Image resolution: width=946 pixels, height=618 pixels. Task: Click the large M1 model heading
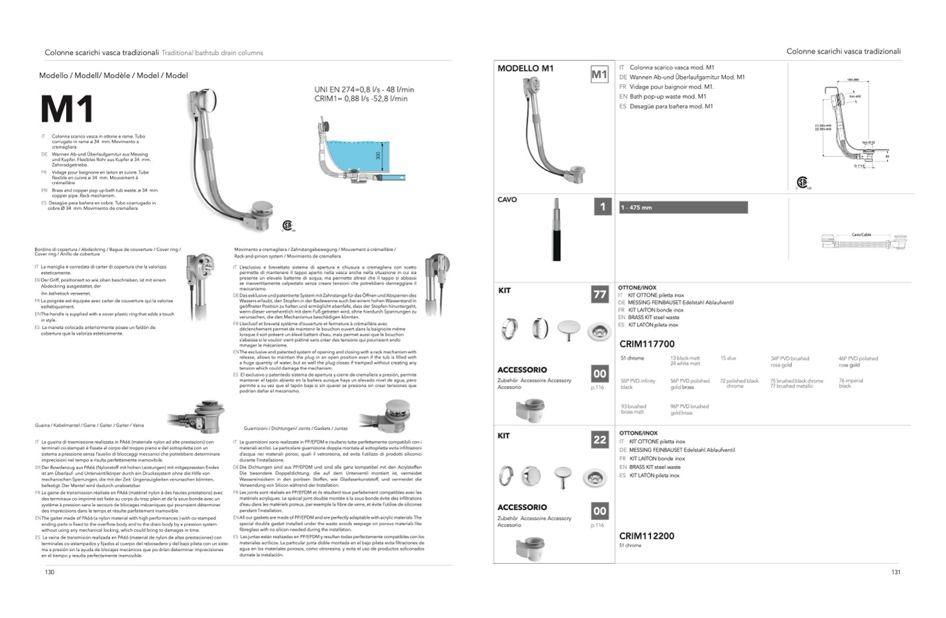(67, 110)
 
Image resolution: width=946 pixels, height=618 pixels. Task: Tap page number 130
(50, 572)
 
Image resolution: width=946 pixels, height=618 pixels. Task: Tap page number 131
(896, 572)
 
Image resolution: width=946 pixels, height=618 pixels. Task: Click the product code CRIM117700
(646, 344)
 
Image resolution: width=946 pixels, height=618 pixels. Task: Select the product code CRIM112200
(646, 536)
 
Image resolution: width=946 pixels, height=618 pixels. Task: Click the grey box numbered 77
(599, 294)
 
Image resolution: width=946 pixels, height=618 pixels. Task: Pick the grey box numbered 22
(599, 439)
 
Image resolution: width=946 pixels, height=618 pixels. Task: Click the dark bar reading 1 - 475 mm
(683, 207)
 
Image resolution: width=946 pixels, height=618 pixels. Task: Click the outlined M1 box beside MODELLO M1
(599, 74)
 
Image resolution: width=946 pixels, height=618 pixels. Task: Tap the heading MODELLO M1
(525, 68)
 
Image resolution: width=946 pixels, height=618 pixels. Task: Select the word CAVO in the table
(507, 199)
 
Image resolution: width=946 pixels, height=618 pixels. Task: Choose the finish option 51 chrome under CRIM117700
(632, 358)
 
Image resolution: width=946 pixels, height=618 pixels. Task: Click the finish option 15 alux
(728, 358)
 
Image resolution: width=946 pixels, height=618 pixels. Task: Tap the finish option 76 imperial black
(850, 383)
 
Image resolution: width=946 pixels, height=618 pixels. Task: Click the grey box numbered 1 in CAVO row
(602, 207)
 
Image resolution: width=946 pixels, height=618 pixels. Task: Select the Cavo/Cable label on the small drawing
(861, 234)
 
